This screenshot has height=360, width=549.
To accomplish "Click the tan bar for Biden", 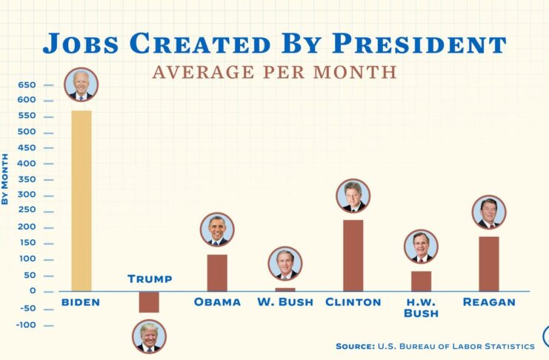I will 81,200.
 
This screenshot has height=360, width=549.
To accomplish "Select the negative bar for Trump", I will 149,301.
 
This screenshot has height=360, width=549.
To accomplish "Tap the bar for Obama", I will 217,272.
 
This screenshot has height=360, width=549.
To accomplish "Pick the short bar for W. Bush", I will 285,289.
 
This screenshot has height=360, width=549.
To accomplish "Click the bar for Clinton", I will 353,255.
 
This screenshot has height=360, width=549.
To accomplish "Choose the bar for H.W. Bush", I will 422,281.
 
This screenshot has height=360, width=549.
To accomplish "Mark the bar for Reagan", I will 489,263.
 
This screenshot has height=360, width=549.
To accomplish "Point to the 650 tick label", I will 26,84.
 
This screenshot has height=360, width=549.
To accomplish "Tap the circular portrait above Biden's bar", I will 81,85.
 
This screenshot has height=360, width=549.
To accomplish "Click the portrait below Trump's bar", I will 149,336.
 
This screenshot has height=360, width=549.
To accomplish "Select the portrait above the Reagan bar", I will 489,213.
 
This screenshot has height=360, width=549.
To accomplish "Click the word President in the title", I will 416,43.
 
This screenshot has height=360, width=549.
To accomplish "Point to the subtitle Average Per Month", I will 274,72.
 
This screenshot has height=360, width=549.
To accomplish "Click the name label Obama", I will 217,302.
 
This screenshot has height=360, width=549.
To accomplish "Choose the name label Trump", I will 149,279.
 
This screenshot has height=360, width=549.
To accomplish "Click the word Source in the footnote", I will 358,346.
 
